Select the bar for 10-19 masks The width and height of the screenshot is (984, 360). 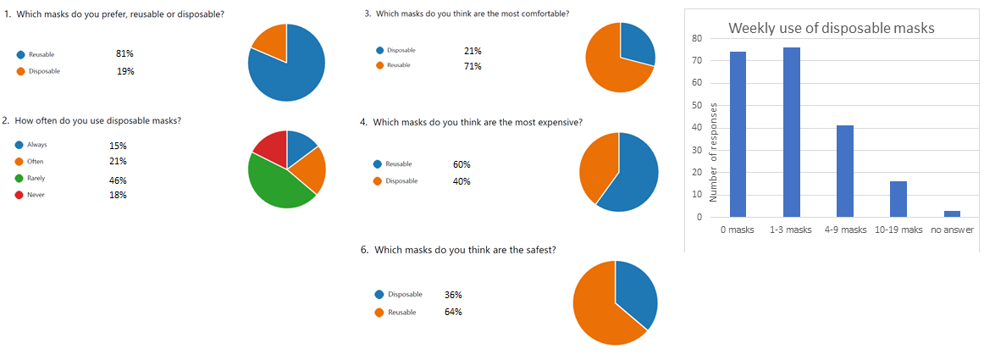tap(898, 199)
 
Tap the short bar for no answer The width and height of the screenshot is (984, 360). tap(952, 213)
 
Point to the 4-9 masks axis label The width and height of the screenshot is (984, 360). tap(845, 230)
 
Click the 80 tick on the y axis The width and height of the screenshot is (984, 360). tap(696, 38)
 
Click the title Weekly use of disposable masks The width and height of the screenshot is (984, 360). tap(831, 28)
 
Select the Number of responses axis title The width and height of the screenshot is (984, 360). tap(714, 152)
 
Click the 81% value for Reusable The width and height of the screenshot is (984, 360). tap(124, 53)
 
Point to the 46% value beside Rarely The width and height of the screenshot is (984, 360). tap(118, 180)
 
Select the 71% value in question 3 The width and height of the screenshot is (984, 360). tap(473, 66)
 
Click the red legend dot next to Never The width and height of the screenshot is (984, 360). tap(19, 196)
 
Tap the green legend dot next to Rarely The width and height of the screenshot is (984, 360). tap(19, 179)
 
